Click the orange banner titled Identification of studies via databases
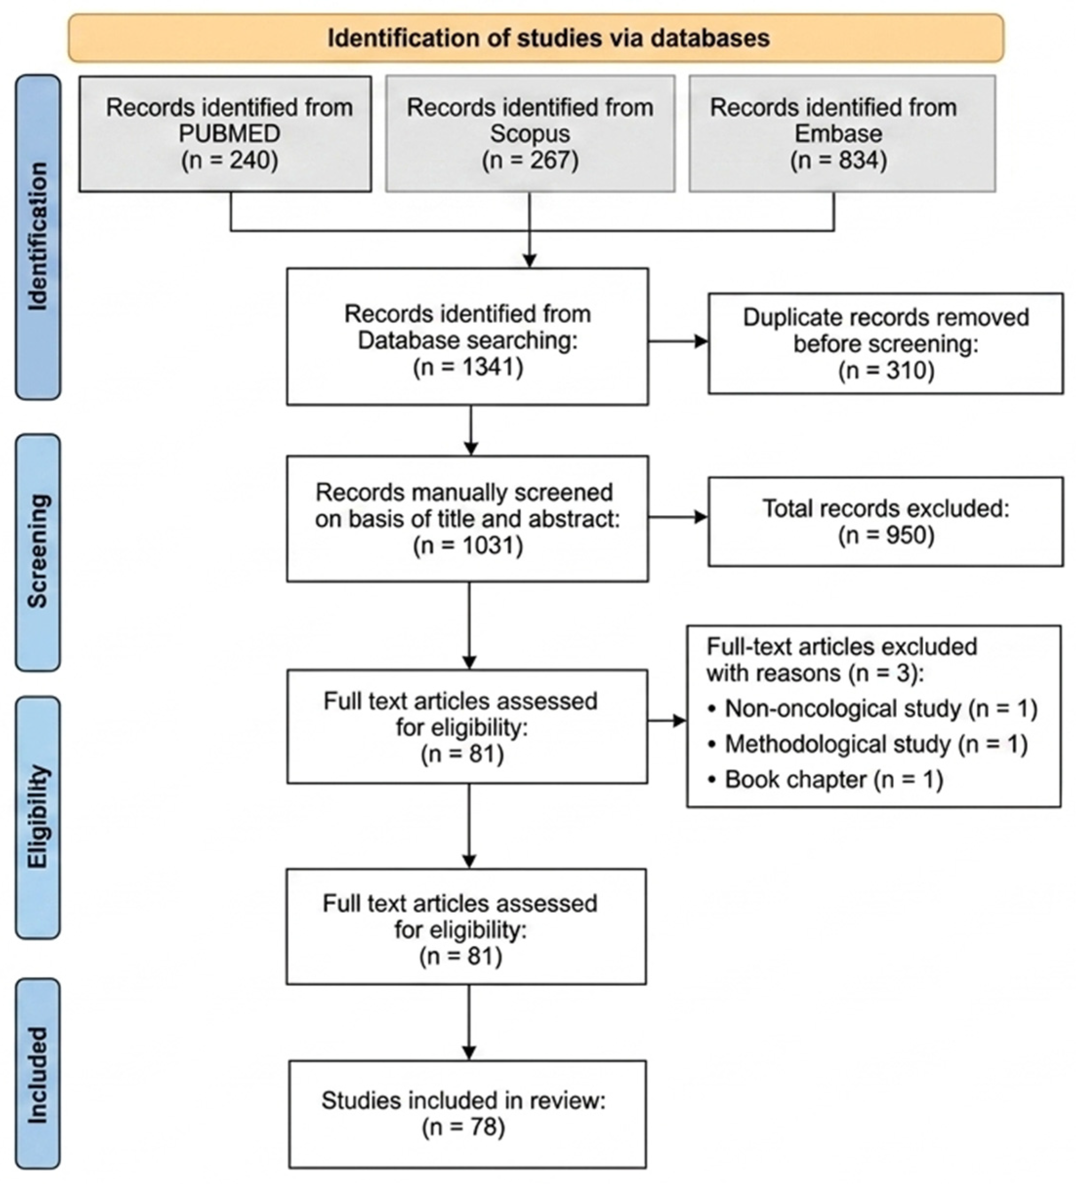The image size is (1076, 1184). point(536,38)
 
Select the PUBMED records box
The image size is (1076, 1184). point(225,134)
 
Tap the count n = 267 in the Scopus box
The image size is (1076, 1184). point(530,161)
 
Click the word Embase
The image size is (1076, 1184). point(838,134)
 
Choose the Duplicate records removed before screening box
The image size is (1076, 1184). point(886,343)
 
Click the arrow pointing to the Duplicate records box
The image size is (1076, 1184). point(678,341)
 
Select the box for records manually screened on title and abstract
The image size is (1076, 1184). point(467,519)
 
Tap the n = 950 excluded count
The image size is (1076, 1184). point(886,535)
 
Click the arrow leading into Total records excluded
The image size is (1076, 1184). point(678,517)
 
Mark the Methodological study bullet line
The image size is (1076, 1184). point(868,744)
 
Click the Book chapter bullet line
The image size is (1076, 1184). point(825,780)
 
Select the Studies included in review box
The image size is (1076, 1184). point(467,1114)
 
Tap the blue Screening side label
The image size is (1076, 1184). point(38,553)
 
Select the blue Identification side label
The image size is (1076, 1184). point(38,237)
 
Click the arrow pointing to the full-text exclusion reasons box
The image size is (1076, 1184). point(667,721)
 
